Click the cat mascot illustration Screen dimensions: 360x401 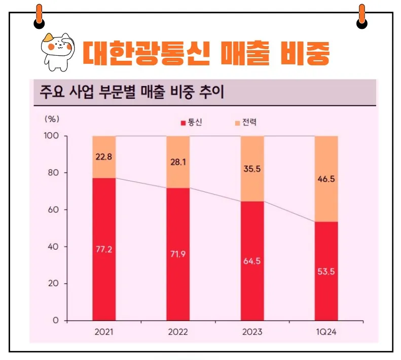[x=57, y=50]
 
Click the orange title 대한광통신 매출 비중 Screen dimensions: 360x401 [x=206, y=52]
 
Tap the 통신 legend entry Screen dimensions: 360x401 [x=191, y=123]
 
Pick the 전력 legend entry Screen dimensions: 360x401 [x=246, y=123]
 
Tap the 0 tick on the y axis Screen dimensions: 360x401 [x=57, y=321]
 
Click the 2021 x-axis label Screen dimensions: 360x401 [x=104, y=332]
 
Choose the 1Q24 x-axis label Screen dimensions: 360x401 [x=326, y=332]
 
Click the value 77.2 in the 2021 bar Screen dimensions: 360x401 [x=104, y=249]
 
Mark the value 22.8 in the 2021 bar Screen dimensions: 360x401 [x=104, y=156]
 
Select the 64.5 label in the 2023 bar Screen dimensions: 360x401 [x=252, y=261]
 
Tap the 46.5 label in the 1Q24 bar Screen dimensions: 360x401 [x=326, y=179]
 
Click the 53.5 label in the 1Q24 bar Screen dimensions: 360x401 [x=326, y=271]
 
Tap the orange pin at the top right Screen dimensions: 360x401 [x=361, y=15]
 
